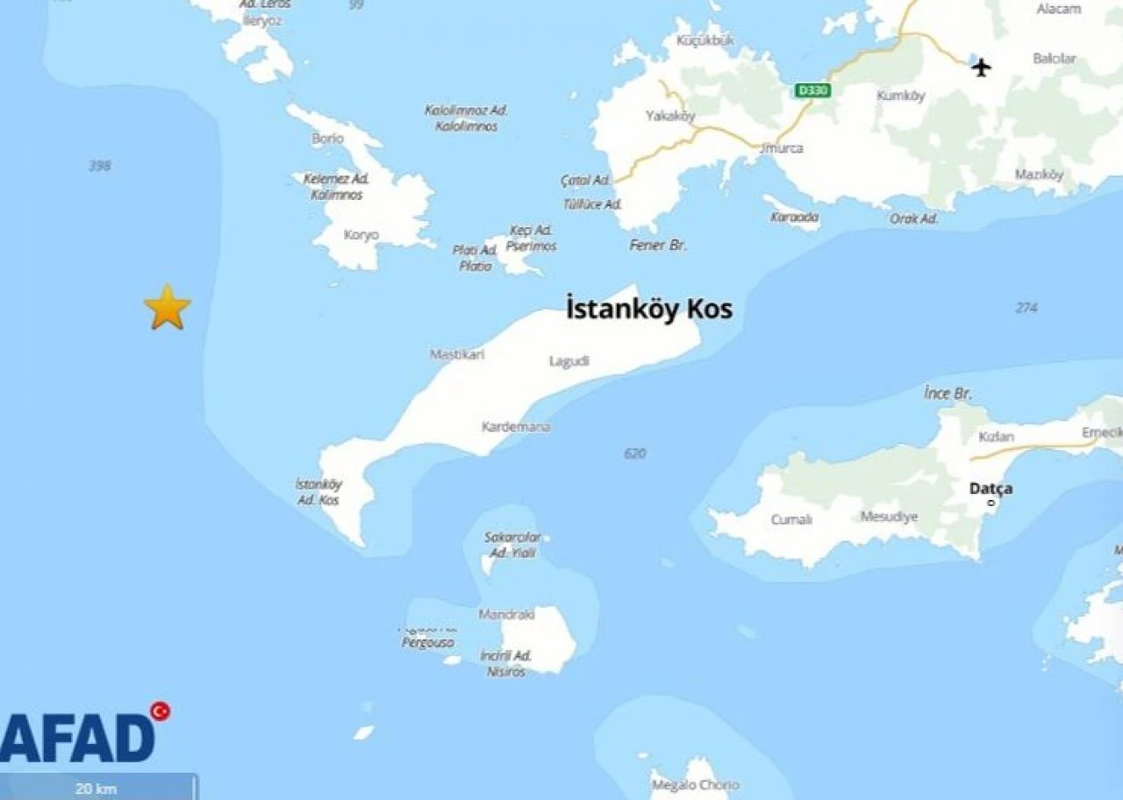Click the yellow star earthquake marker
167,308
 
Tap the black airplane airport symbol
982,67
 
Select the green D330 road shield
812,90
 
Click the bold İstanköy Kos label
649,310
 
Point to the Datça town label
991,489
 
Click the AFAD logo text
77,739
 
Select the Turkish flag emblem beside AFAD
160,711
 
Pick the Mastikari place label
457,355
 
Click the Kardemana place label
516,427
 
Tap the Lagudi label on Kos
569,361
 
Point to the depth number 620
634,454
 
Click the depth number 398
99,166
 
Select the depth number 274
1026,308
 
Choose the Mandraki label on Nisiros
506,615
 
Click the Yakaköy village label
670,116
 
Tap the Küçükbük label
705,40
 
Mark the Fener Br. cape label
658,246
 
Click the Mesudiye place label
889,517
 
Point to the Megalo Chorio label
695,785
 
